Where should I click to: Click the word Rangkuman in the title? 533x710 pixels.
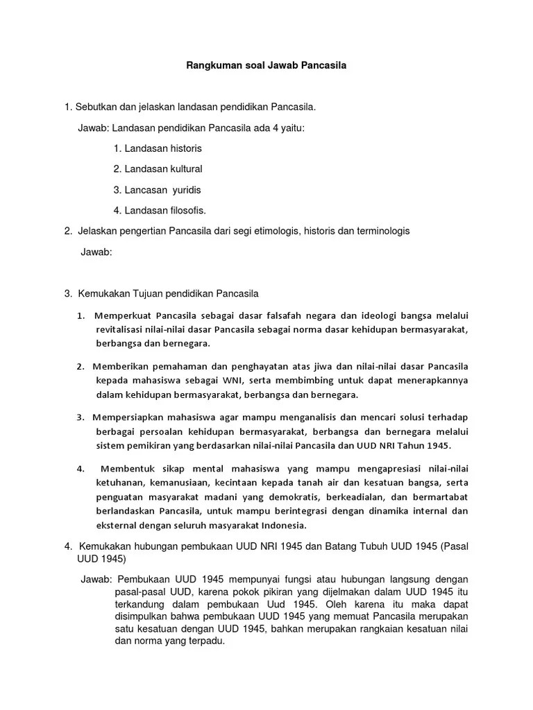coord(212,67)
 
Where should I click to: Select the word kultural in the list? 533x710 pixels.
coord(184,168)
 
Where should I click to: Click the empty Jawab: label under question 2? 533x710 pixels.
coord(97,252)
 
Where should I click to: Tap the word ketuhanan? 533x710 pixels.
coord(119,483)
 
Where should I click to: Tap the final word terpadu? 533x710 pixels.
coord(208,641)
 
